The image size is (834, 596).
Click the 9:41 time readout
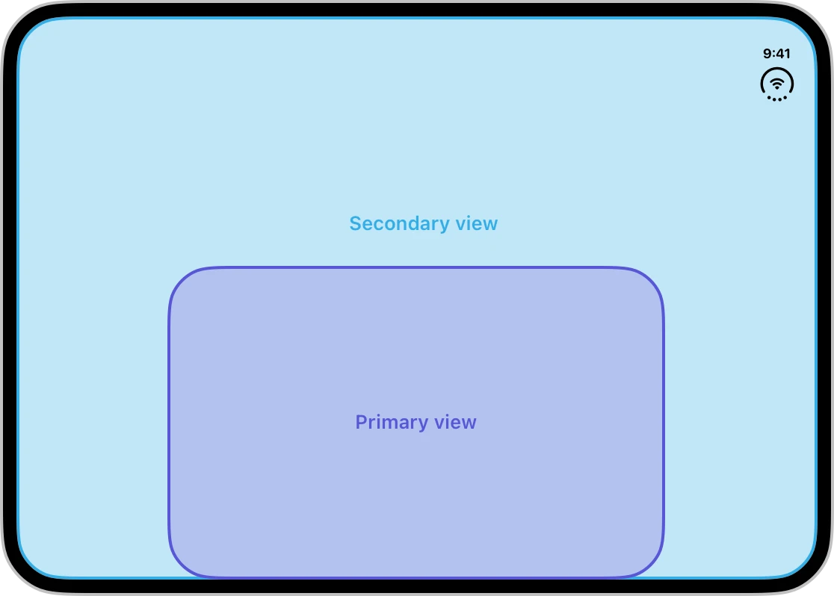click(776, 54)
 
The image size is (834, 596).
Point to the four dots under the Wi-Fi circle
click(777, 99)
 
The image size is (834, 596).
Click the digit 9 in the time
click(767, 54)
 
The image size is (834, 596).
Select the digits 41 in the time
click(783, 54)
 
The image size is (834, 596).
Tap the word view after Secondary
click(477, 224)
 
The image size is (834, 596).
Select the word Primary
click(392, 422)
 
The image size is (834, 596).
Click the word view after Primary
click(455, 422)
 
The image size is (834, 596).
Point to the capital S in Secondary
click(355, 224)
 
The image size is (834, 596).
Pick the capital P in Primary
click(361, 422)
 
